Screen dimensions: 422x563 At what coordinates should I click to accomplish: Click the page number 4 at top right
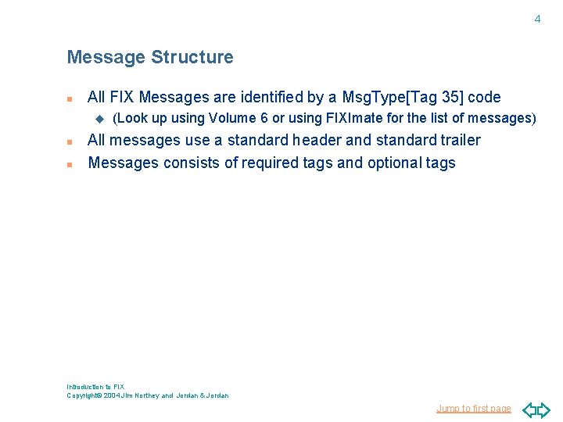point(537,19)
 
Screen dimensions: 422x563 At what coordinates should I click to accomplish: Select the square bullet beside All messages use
point(70,142)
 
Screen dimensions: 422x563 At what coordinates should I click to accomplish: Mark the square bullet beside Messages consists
point(70,165)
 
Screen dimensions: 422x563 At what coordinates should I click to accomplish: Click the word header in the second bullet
point(316,141)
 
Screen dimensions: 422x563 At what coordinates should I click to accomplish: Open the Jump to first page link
point(474,409)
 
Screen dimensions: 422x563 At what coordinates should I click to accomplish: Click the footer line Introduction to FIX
point(95,387)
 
